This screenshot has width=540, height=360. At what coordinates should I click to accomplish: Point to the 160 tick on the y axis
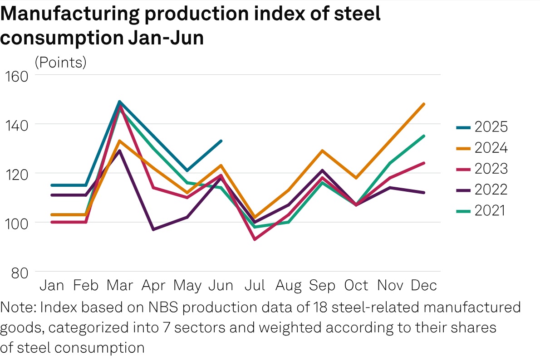(x=16, y=75)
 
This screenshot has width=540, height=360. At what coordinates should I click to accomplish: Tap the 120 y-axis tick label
(x=16, y=174)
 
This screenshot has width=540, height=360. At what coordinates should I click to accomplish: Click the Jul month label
(x=255, y=286)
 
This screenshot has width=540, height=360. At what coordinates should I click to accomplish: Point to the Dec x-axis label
(x=424, y=286)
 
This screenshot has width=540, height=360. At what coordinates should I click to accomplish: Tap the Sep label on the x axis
(x=322, y=286)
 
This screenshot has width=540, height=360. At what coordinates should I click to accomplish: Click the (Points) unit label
(x=60, y=62)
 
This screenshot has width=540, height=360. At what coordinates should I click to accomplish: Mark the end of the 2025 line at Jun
(x=221, y=141)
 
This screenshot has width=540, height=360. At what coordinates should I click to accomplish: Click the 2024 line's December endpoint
(x=424, y=104)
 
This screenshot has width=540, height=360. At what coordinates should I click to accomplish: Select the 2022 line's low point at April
(x=153, y=229)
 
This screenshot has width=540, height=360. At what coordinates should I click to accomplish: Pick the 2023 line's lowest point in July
(x=255, y=239)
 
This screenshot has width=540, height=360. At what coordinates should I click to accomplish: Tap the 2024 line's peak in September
(x=322, y=151)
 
